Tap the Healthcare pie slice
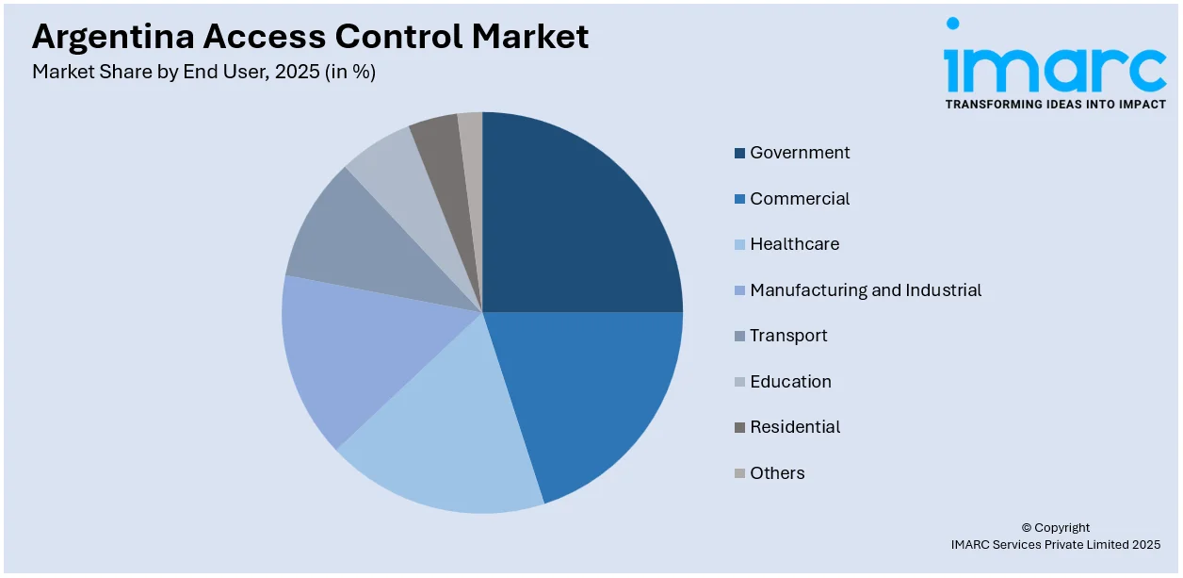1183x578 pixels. pyautogui.click(x=452, y=434)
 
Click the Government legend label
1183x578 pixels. pyautogui.click(x=800, y=153)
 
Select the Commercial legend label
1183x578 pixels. pyautogui.click(x=800, y=199)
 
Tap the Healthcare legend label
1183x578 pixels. pyautogui.click(x=794, y=244)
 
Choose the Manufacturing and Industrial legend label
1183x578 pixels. pyautogui.click(x=865, y=290)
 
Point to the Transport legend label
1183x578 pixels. pyautogui.click(x=788, y=336)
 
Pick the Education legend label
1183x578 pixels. pyautogui.click(x=790, y=382)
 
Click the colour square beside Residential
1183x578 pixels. pyautogui.click(x=740, y=428)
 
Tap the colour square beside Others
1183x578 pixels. pyautogui.click(x=740, y=473)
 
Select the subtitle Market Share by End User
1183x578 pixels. pyautogui.click(x=152, y=72)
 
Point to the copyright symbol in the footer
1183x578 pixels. pyautogui.click(x=1028, y=528)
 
